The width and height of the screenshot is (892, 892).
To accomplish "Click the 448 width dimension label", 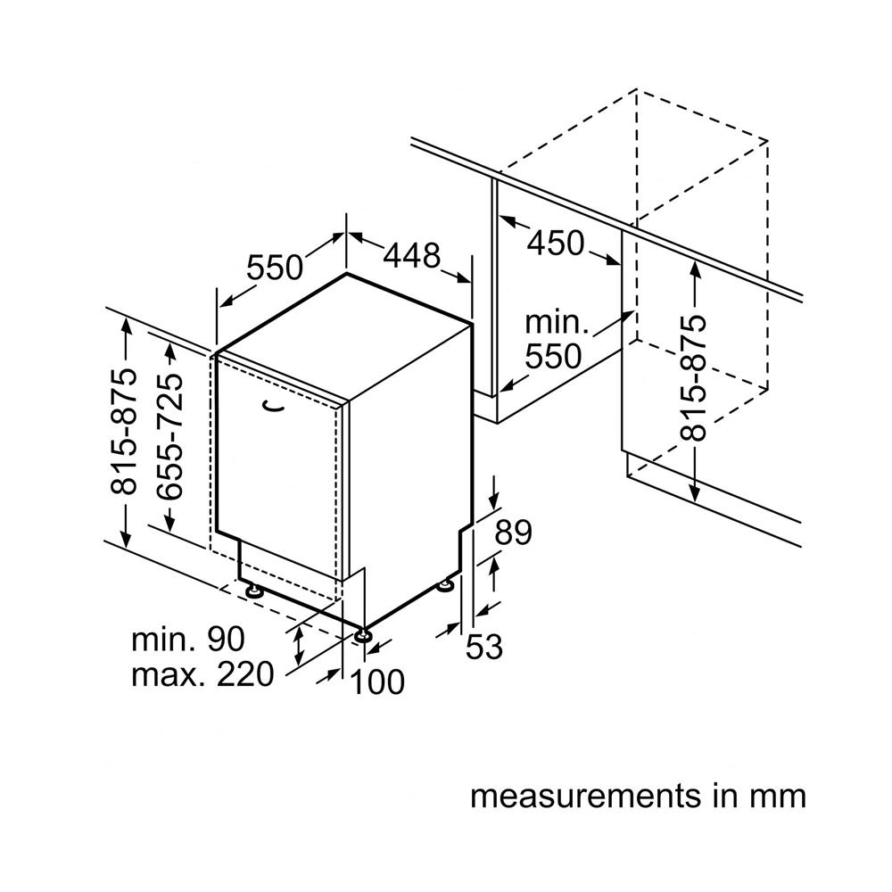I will coord(411,257).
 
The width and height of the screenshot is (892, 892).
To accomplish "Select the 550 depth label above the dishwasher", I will coord(275,267).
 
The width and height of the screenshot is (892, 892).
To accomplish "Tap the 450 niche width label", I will coord(555,243).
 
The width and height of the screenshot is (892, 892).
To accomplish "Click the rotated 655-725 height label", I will coord(169,435).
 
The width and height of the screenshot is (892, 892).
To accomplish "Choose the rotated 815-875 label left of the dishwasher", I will coord(124,432).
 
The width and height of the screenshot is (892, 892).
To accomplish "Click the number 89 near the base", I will coord(513,533).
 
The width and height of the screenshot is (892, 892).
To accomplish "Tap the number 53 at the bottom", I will coord(484,647).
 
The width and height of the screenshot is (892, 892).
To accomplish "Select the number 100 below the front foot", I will coord(377,682).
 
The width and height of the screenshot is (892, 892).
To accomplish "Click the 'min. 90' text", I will coord(187,639).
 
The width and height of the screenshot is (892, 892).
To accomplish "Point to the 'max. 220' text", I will coord(202,675).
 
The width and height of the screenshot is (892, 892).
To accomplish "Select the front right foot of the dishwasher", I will coord(363,635).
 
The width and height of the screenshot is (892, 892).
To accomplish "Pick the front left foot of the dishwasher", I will coord(254,590).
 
